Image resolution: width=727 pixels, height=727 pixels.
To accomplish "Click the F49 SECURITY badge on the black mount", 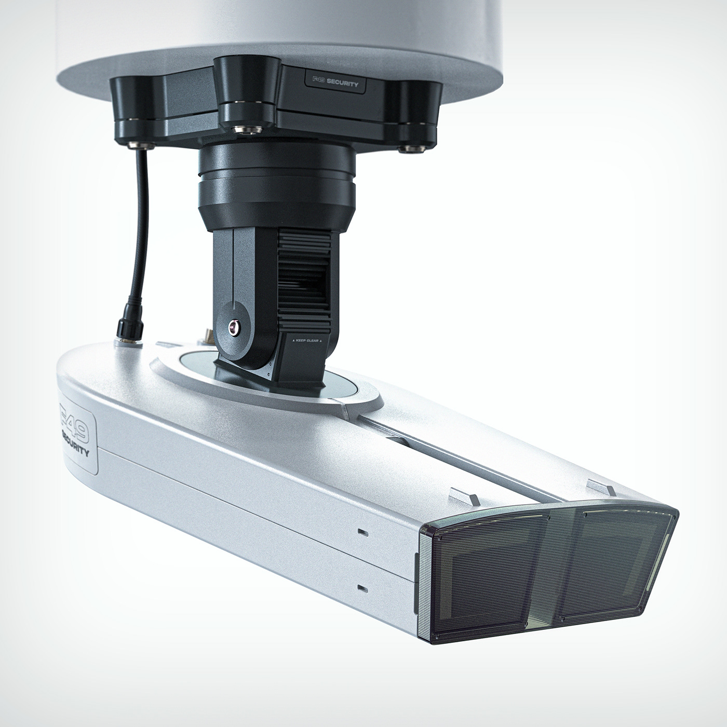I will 335,82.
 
